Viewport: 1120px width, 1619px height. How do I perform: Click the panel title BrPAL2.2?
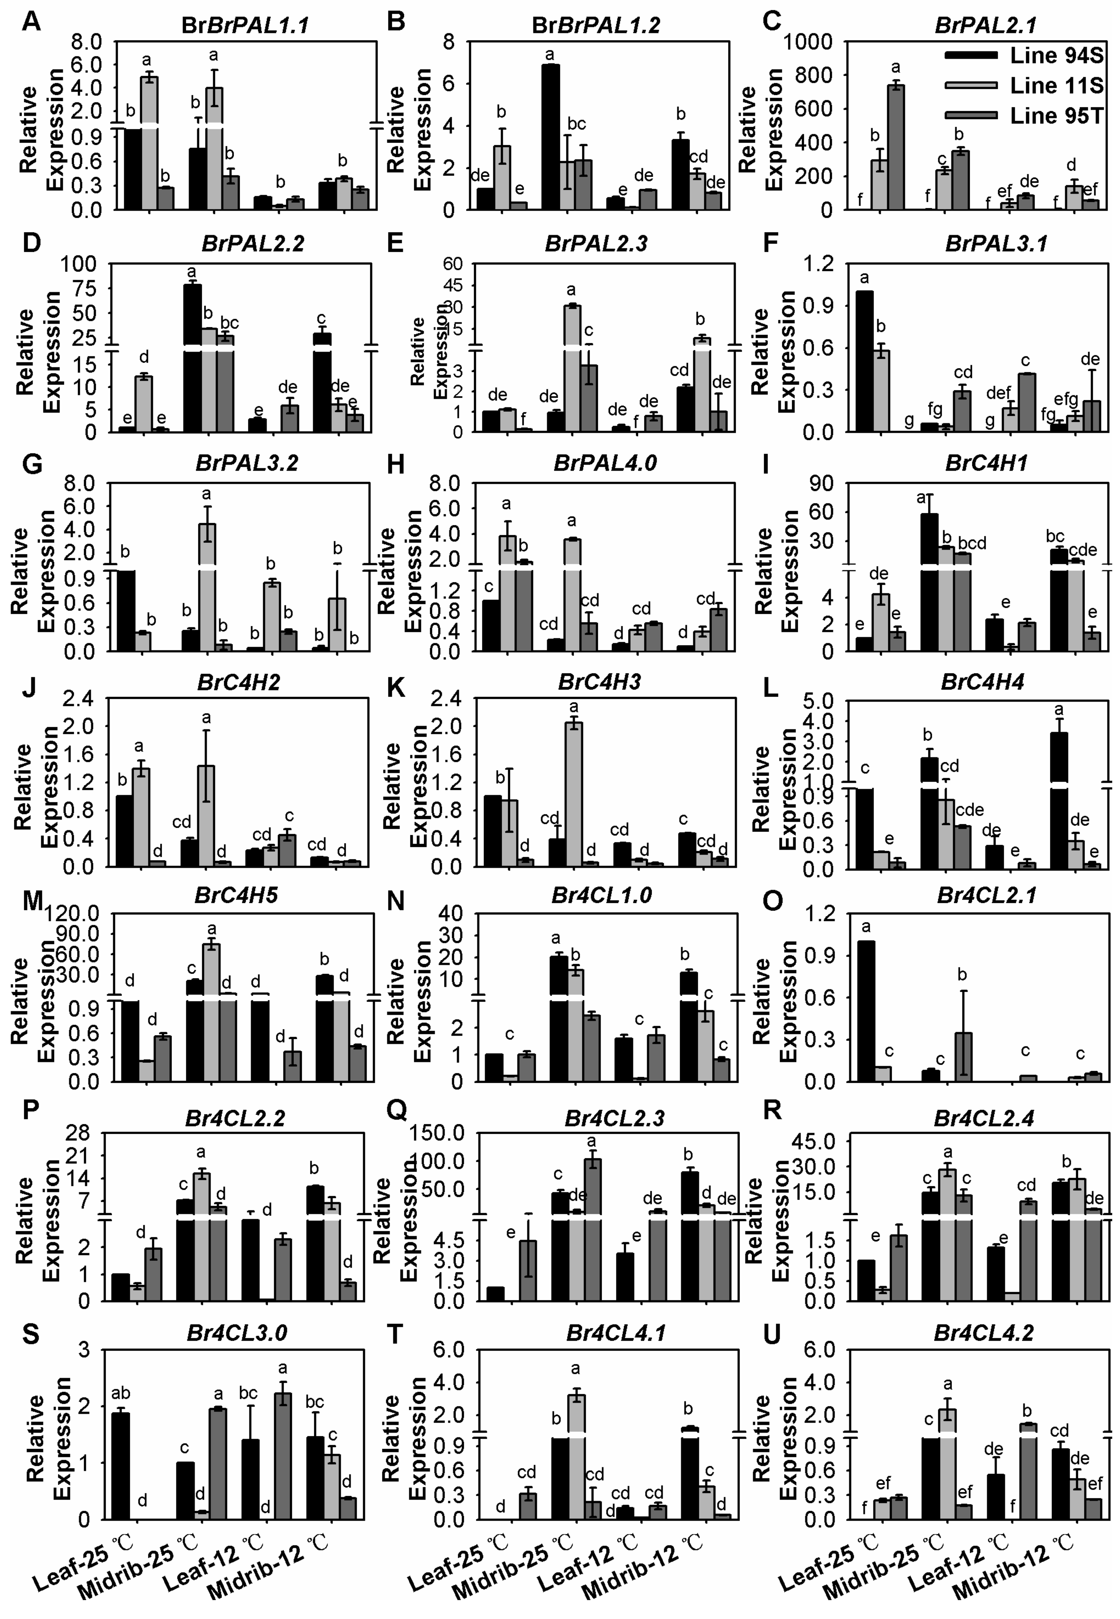253,244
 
